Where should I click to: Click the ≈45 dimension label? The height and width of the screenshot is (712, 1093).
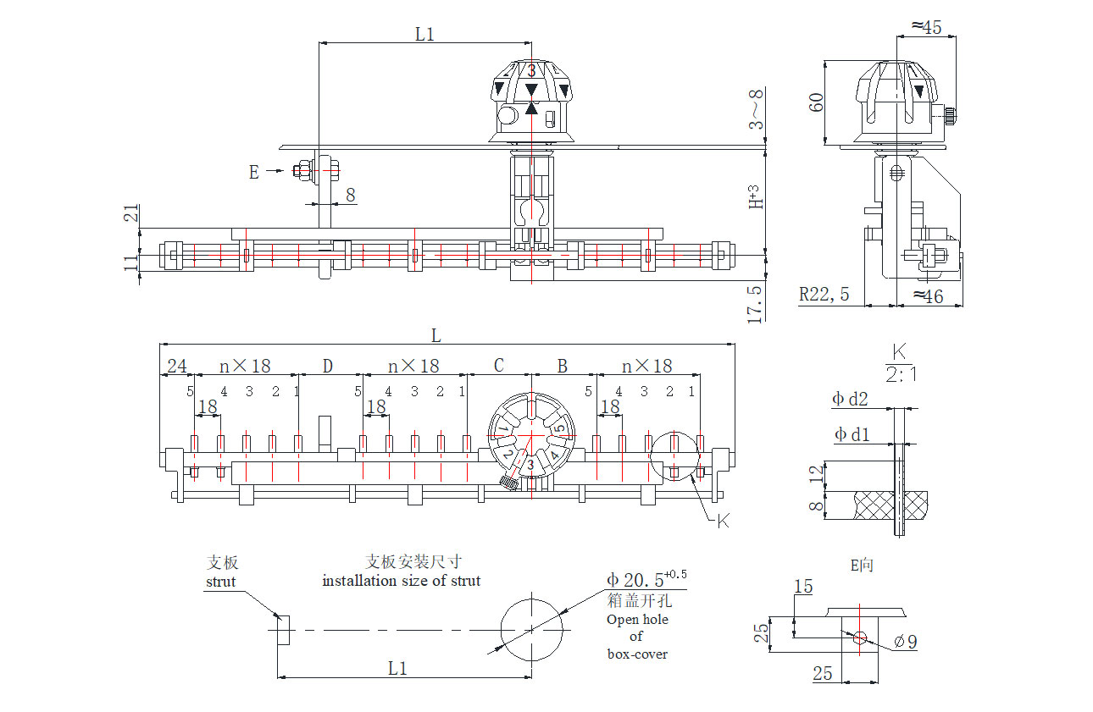tap(927, 27)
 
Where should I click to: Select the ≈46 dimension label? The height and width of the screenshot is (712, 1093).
tap(929, 296)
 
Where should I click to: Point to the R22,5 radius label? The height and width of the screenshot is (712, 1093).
tap(824, 294)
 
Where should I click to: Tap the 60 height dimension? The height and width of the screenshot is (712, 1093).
tap(816, 102)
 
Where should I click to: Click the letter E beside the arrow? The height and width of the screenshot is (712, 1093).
tap(253, 172)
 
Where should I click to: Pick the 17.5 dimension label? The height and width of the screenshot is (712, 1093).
tap(754, 304)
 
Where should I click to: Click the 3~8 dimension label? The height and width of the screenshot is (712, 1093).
tap(756, 108)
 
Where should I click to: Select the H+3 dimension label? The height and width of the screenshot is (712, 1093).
tap(755, 197)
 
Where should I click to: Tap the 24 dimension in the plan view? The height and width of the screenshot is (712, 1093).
tap(176, 366)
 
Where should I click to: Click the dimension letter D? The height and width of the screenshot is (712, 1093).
tap(328, 366)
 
